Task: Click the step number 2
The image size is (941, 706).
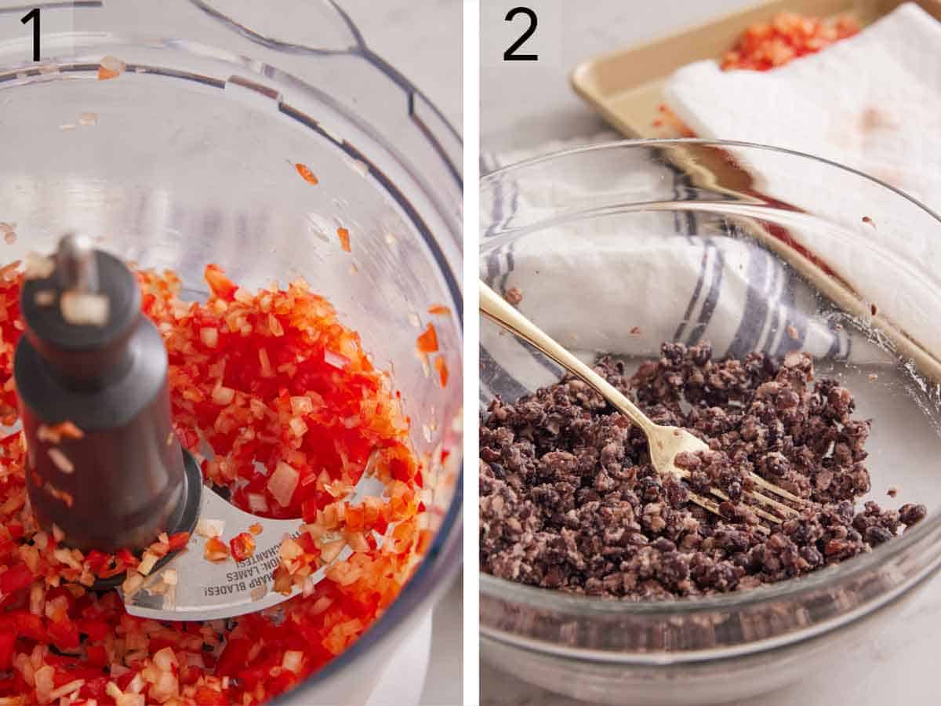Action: pos(521,35)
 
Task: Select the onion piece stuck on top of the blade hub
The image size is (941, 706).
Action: pos(84,308)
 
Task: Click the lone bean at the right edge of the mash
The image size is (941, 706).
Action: pos(911,514)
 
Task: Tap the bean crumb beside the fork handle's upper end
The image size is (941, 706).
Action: pos(514,296)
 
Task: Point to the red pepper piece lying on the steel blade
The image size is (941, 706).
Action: pos(242,546)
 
